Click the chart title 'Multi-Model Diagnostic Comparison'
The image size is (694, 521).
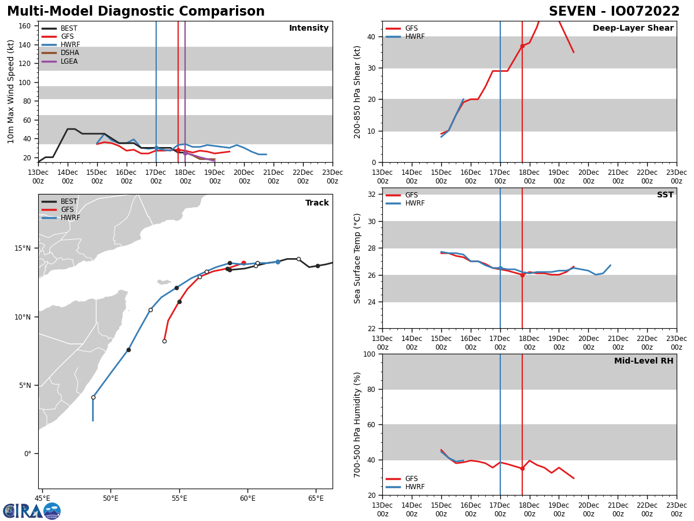[136, 12]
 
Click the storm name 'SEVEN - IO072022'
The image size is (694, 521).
[614, 12]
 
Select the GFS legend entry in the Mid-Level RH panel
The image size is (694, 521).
[411, 479]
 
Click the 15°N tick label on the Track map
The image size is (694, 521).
[22, 248]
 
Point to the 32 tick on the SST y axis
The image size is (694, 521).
[372, 195]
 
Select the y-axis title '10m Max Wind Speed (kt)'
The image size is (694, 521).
[11, 91]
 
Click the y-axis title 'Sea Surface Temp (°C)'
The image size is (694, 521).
[357, 258]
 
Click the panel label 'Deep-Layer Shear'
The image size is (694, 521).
[633, 28]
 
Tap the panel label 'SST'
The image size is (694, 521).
[665, 195]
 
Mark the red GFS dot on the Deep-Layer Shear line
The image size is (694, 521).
[522, 46]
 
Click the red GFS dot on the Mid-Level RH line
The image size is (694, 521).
[522, 468]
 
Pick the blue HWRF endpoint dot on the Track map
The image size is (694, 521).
[278, 262]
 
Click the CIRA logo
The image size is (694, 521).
[32, 511]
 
